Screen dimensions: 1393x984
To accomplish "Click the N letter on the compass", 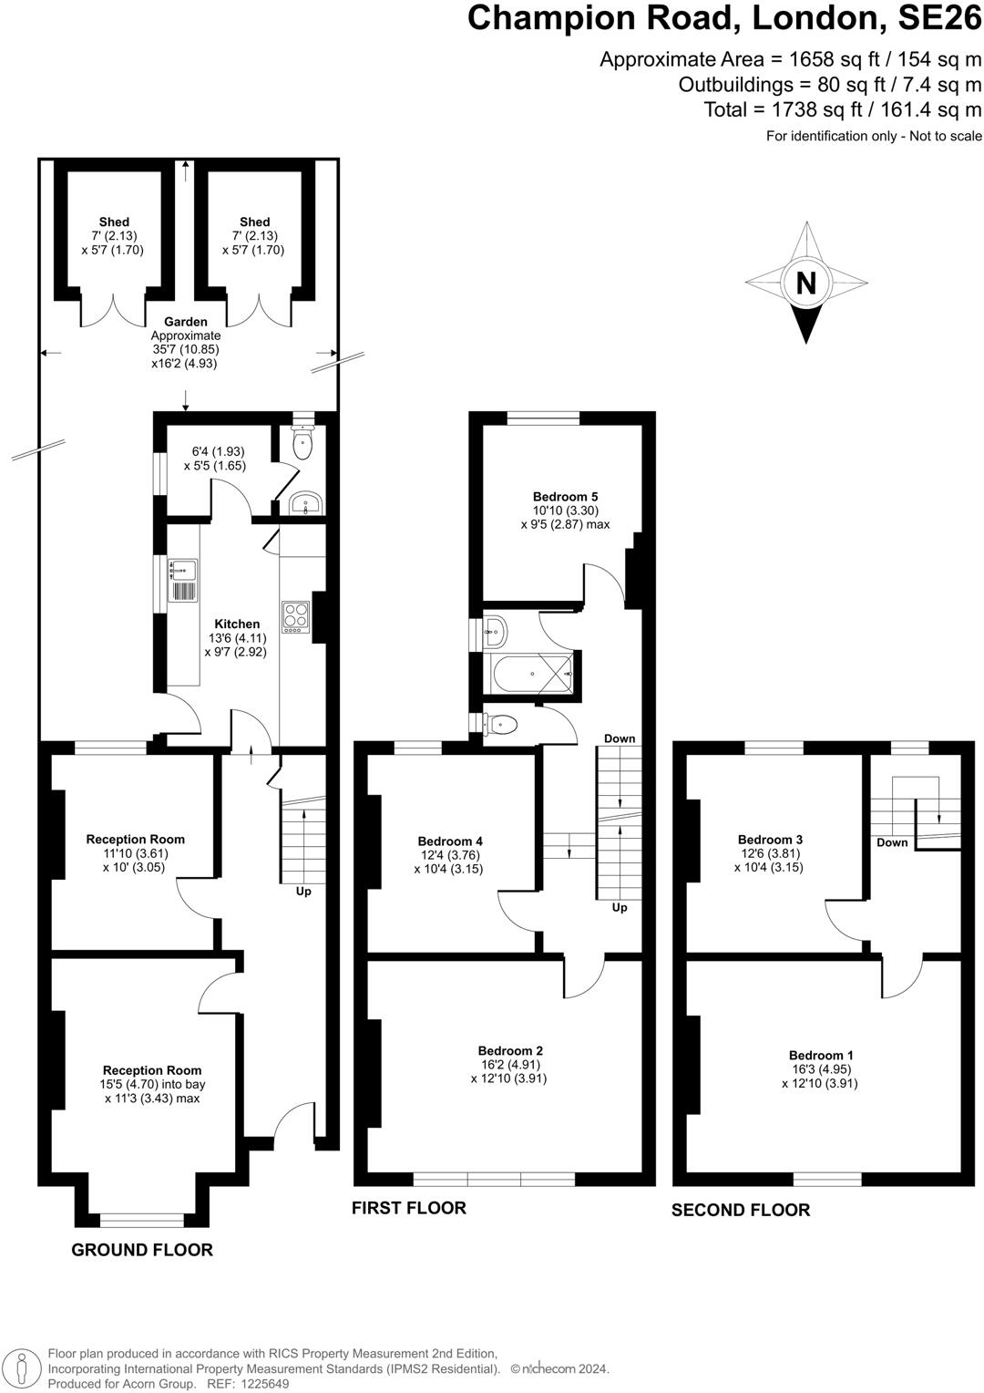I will click(805, 283).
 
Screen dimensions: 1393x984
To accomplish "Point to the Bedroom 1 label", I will click(819, 1055).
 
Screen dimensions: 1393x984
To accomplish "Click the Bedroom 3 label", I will click(770, 840).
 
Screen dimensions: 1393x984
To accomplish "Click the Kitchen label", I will click(237, 624).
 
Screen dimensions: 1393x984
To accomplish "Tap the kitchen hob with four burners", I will click(295, 616).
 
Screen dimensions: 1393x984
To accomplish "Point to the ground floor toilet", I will click(302, 443).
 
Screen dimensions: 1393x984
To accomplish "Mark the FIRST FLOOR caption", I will click(409, 1208).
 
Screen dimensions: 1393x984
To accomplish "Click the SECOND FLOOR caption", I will click(740, 1210).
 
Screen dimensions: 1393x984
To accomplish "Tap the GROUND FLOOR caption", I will click(142, 1250).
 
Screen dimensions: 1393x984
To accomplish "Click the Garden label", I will click(186, 322).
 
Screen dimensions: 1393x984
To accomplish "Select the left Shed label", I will click(114, 222).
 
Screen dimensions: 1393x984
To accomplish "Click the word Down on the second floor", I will click(892, 842).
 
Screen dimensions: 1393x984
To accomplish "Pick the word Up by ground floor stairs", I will click(303, 891).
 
